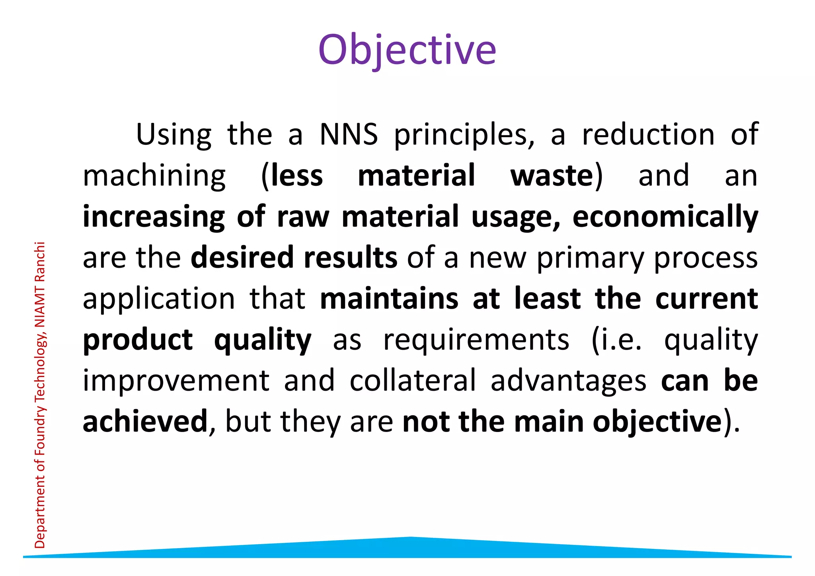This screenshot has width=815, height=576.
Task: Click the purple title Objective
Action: click(407, 50)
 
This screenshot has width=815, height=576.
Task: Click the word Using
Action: click(174, 135)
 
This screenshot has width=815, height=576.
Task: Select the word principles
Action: click(464, 135)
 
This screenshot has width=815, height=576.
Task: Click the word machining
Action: click(154, 176)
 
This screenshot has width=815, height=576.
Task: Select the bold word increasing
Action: click(154, 217)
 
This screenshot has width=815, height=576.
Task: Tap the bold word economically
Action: click(665, 217)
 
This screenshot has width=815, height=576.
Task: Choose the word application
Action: click(159, 299)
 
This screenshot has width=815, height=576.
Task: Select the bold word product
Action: click(138, 341)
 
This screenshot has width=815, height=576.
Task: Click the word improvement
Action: click(176, 381)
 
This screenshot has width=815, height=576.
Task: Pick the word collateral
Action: click(413, 381)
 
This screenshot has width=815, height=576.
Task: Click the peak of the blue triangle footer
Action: click(410, 538)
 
